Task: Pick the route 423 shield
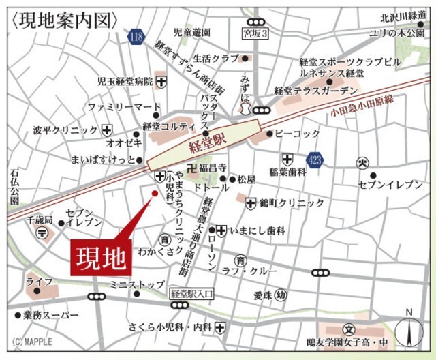coord(314,160)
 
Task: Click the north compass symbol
coord(409,330)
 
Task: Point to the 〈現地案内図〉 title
coord(65,20)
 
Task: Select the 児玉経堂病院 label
coord(125,82)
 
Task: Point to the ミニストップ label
coord(137,284)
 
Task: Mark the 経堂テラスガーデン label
coord(315,90)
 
